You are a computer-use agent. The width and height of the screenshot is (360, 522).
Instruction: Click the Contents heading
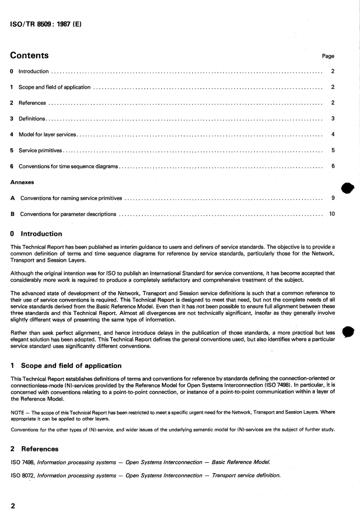pos(29,55)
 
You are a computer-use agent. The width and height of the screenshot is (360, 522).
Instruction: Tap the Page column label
pos(328,56)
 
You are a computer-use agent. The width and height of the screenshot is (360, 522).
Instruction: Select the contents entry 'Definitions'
pos(32,119)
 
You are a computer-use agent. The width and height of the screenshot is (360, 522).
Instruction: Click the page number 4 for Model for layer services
pos(333,134)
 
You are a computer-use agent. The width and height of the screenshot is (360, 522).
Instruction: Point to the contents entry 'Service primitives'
pos(40,150)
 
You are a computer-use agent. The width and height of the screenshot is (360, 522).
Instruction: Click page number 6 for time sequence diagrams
pos(333,166)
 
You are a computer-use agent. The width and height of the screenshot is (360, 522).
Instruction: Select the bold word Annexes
pos(22,182)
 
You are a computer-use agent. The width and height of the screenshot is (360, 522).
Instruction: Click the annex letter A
pos(13,198)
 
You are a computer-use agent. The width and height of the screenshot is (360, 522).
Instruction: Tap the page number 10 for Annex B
pos(332,214)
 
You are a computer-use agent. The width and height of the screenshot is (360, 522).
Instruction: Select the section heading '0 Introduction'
pos(36,234)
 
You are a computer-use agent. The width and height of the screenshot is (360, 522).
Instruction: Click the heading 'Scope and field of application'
pos(71,366)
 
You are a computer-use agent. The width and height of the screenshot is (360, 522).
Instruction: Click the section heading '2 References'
pos(34,449)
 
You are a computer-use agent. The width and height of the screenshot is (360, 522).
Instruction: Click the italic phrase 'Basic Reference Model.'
pos(241,462)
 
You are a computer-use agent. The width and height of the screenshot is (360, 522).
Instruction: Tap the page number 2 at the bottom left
pos(13,506)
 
